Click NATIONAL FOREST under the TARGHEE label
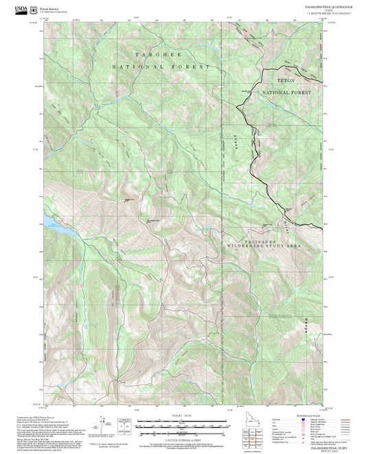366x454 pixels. click(x=163, y=67)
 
